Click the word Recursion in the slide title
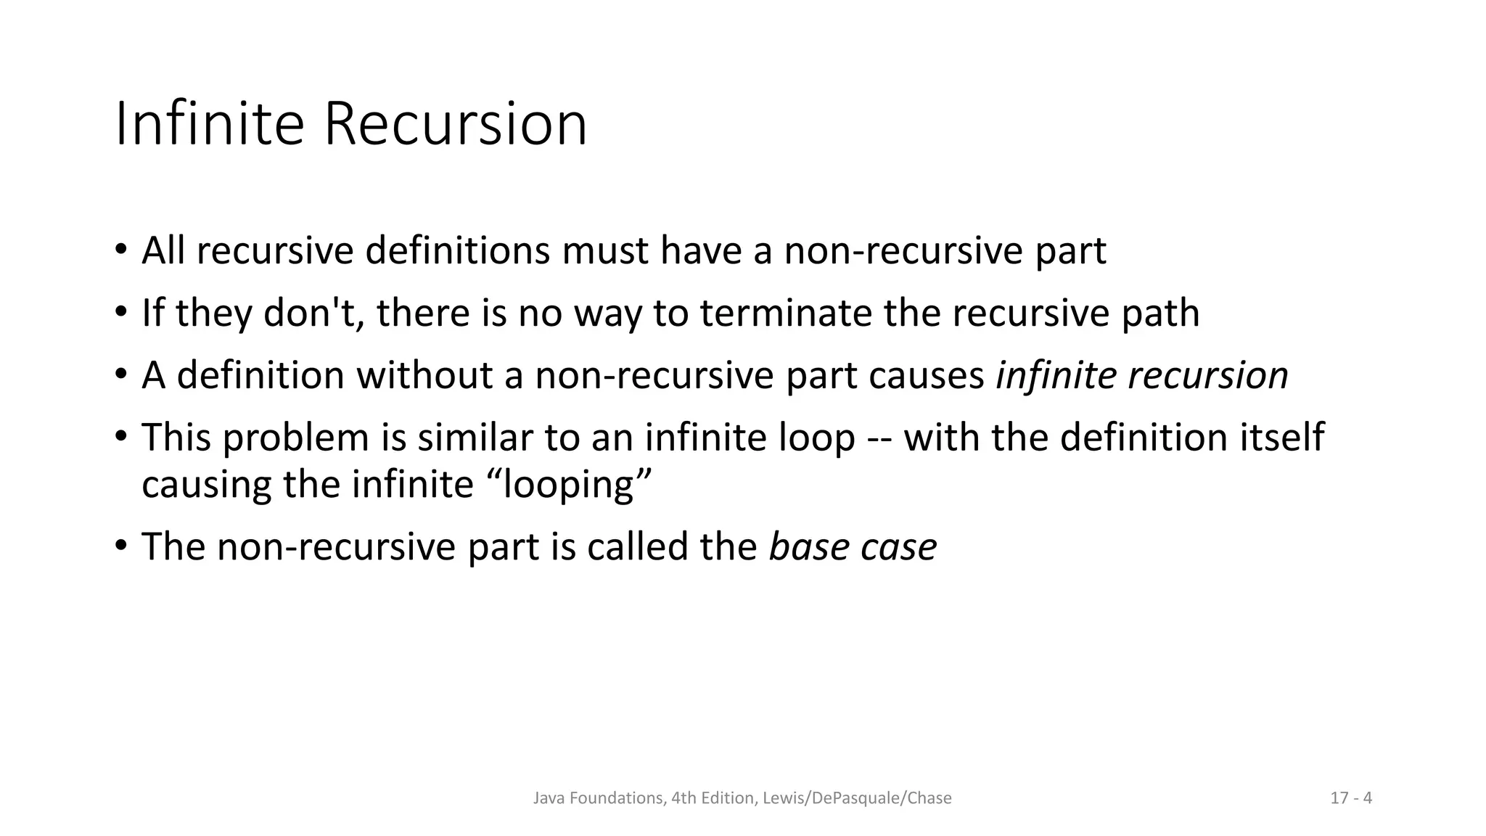coord(455,124)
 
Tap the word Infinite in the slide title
coord(209,124)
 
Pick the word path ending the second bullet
coord(1159,313)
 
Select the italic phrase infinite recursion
coord(1141,375)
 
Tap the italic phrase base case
coord(853,546)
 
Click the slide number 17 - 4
coord(1351,798)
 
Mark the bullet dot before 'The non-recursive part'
coord(120,544)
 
